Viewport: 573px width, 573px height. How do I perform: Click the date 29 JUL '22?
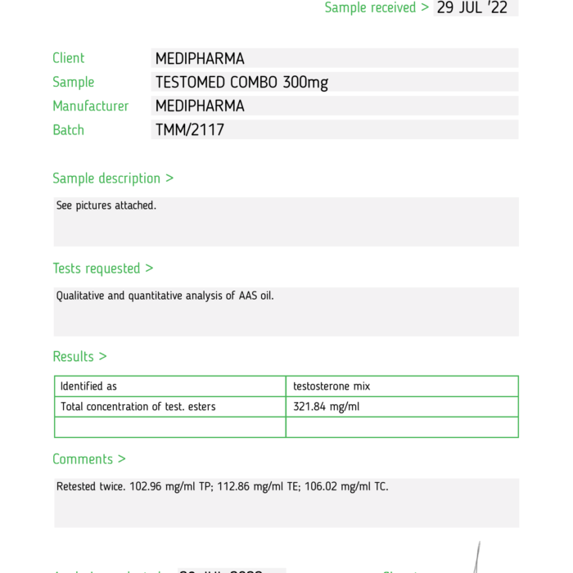coord(473,8)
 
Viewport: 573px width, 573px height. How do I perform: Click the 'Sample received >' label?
coord(377,8)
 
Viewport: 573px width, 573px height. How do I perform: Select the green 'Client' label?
coord(69,58)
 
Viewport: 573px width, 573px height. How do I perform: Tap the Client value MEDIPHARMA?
coord(200,59)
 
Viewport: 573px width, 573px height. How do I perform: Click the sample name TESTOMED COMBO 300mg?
coord(241,83)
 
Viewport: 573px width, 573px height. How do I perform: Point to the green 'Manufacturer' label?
coord(91,106)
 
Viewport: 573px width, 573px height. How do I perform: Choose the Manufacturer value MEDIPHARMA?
coord(200,106)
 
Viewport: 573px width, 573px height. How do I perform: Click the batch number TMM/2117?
coord(189,130)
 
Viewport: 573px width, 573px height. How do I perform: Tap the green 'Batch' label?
coord(69,130)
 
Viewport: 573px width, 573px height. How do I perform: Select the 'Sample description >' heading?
coord(113,178)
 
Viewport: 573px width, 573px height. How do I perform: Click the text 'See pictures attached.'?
coord(106,205)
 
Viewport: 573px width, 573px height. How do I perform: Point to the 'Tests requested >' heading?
coord(103,268)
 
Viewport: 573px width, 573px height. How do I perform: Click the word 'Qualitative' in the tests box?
coord(80,296)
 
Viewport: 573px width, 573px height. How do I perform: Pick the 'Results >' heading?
coord(79,357)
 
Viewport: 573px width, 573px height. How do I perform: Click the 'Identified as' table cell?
coord(88,386)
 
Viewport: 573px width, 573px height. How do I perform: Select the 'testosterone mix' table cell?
coord(332,386)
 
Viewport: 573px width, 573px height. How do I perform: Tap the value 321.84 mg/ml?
coord(326,407)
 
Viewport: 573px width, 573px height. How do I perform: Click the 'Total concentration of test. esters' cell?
coord(138,407)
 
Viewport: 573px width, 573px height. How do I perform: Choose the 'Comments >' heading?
coord(89,459)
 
